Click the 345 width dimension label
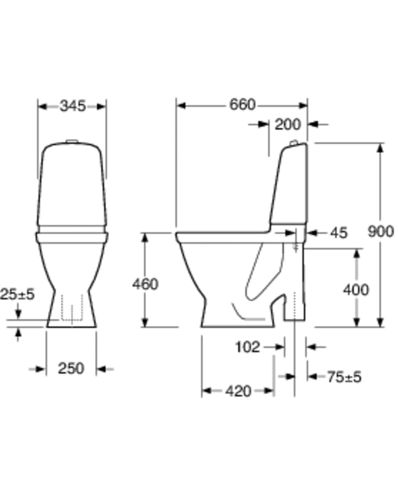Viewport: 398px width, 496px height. (72, 106)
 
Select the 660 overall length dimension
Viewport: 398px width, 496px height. (242, 105)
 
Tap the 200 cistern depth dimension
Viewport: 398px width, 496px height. (288, 125)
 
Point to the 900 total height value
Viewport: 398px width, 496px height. (380, 231)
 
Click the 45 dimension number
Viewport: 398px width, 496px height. (338, 233)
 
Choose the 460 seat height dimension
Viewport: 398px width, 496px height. (145, 284)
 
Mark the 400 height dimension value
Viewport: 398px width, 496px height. (356, 290)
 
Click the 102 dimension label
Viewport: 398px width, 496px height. (248, 347)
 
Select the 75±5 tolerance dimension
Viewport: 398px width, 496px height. (344, 377)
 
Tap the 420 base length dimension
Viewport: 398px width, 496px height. (238, 391)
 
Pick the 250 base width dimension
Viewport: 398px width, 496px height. (71, 368)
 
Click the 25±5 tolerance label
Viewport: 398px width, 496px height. (17, 294)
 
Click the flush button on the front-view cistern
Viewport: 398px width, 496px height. (72, 142)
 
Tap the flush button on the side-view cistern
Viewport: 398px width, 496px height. (294, 143)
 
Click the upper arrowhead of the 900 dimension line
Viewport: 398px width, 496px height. (380, 148)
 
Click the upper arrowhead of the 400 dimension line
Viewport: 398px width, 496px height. (357, 253)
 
